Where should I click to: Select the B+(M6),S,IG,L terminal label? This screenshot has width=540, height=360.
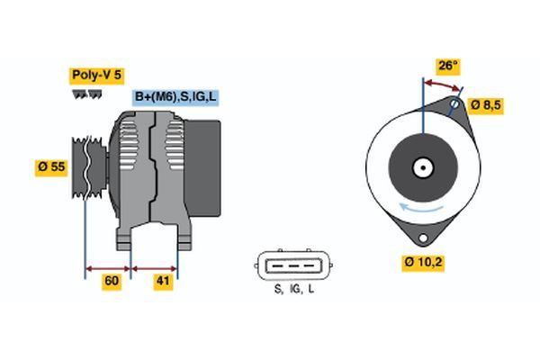175,96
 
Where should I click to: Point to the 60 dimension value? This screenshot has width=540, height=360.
111,282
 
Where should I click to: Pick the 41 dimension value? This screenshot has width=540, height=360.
161,282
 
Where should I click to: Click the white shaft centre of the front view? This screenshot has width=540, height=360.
420,167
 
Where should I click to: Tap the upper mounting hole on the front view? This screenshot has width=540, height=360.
455,105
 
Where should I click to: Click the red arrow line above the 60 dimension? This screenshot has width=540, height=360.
108,267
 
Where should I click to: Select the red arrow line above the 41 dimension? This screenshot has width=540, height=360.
155,267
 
